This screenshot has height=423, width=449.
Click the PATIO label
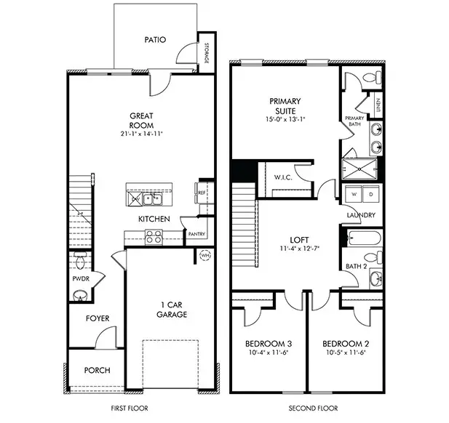click(x=154, y=40)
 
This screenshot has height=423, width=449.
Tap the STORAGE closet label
click(x=207, y=53)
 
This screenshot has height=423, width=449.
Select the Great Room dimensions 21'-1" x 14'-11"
click(x=141, y=134)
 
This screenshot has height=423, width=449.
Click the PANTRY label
click(x=196, y=234)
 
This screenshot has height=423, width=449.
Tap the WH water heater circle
click(x=204, y=255)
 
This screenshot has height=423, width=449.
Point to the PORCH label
click(x=97, y=370)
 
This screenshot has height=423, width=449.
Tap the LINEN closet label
click(x=378, y=105)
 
